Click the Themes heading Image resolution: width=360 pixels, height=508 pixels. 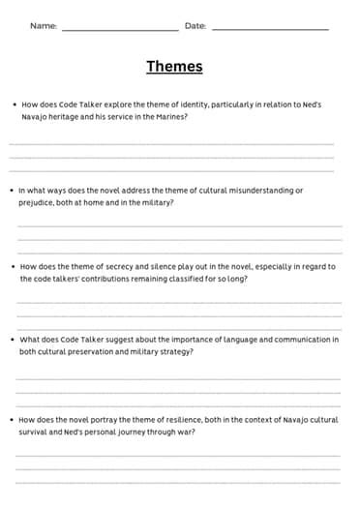click(174, 66)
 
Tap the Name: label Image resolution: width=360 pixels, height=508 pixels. click(44, 26)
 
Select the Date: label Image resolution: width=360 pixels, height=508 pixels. click(195, 26)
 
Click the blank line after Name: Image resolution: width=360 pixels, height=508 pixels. click(120, 30)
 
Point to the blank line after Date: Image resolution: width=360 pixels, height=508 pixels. click(270, 30)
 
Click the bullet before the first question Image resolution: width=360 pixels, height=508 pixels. click(14, 104)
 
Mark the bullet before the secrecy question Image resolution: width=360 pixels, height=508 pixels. click(14, 266)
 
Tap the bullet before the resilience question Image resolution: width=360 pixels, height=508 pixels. click(14, 419)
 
